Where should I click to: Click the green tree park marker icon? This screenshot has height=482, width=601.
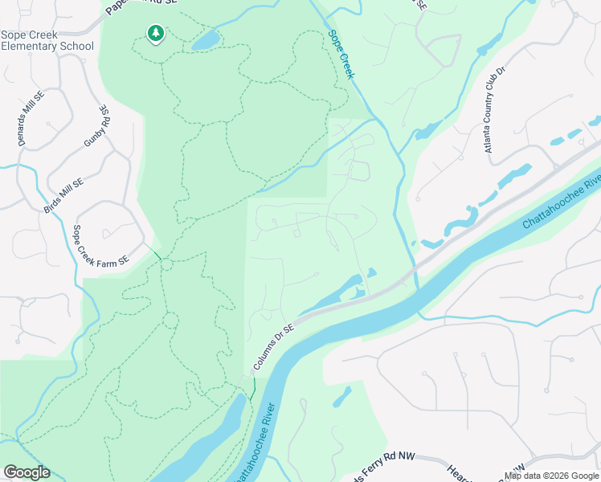point(155,33)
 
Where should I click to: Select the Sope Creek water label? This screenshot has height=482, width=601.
point(342,55)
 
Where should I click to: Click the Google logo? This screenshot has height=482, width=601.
point(27,472)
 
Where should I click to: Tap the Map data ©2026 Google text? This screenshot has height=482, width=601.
point(551,476)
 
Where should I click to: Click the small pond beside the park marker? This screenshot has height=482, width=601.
point(206,39)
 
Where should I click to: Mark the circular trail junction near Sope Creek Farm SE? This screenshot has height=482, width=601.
point(166,264)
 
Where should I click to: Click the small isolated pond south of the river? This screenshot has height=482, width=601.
point(341,397)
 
